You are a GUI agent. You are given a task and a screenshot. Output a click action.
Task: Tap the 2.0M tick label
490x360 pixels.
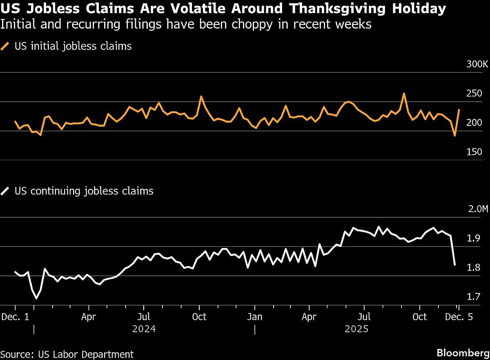click(478, 209)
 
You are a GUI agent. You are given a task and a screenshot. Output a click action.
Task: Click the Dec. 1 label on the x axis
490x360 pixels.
click(15, 317)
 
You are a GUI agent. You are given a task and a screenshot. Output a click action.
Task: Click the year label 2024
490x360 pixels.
click(144, 329)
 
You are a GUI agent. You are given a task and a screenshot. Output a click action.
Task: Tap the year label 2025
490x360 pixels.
click(357, 329)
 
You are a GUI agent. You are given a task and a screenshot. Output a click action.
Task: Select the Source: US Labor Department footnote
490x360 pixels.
click(67, 354)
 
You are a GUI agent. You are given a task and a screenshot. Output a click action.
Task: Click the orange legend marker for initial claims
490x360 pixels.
click(6, 46)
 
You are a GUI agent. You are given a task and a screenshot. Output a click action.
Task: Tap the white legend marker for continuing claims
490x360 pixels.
click(6, 191)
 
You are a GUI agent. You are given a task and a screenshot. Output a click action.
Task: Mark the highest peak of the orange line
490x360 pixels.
click(404, 94)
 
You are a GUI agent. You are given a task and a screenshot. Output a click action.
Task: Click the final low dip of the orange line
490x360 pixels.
click(454, 135)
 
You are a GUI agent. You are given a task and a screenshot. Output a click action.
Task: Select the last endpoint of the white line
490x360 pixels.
click(455, 265)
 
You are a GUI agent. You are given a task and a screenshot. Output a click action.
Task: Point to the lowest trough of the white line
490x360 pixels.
click(36, 298)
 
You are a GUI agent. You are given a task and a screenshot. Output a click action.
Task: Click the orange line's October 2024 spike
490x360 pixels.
click(201, 96)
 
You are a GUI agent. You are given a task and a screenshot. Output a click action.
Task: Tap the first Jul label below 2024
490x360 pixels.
click(143, 317)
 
